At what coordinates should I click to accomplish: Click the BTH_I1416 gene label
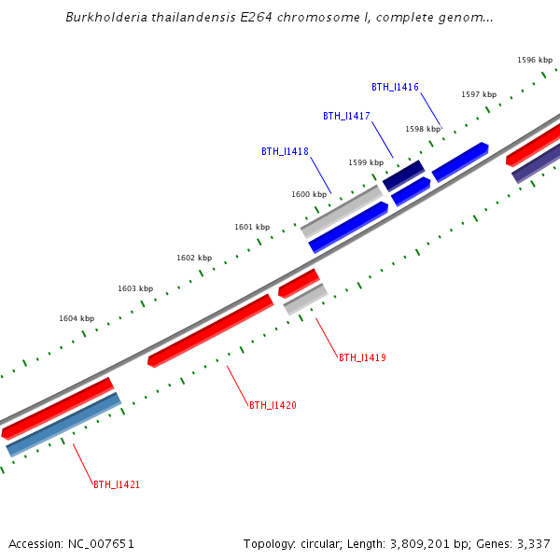pyautogui.click(x=395, y=87)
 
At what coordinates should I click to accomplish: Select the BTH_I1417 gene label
pyautogui.click(x=346, y=116)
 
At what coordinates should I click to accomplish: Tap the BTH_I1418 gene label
pyautogui.click(x=285, y=151)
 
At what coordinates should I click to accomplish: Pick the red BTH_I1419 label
pyautogui.click(x=362, y=357)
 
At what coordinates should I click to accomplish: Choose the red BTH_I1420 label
pyautogui.click(x=273, y=405)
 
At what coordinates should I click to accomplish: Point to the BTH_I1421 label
pyautogui.click(x=117, y=484)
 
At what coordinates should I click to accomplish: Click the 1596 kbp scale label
pyautogui.click(x=535, y=60)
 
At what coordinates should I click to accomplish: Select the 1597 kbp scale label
pyautogui.click(x=479, y=94)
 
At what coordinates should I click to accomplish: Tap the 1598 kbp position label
pyautogui.click(x=423, y=129)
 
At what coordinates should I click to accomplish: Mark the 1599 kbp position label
pyautogui.click(x=366, y=162)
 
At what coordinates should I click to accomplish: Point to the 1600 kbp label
pyautogui.click(x=309, y=194)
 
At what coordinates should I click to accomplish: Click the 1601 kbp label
pyautogui.click(x=252, y=227)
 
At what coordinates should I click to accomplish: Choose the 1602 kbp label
pyautogui.click(x=194, y=258)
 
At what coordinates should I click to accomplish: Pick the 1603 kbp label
pyautogui.click(x=135, y=288)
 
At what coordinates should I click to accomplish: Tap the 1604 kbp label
pyautogui.click(x=77, y=318)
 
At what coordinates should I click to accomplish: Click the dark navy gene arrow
pyautogui.click(x=403, y=175)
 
